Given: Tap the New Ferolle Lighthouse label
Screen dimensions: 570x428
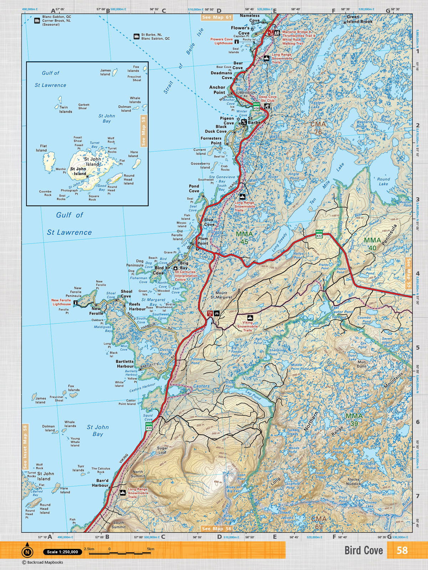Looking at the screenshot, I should (x=61, y=302).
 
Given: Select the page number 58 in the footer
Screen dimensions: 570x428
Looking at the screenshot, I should (x=402, y=550).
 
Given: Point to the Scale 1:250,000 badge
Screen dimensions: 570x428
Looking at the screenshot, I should (x=62, y=552).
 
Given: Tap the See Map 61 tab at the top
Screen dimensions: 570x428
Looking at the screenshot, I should (x=216, y=17).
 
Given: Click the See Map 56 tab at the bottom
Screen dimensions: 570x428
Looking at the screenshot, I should (x=216, y=529).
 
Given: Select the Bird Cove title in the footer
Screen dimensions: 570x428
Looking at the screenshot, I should (x=363, y=550).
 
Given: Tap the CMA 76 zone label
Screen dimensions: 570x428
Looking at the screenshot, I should (x=318, y=128).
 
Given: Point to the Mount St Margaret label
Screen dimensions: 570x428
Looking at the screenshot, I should (x=221, y=295).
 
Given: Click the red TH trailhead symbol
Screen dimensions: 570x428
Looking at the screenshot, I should (x=210, y=313).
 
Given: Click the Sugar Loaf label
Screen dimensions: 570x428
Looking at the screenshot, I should (x=162, y=450).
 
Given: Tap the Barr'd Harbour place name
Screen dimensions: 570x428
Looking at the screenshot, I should (x=100, y=483).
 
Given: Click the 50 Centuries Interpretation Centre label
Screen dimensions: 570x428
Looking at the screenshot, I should (x=185, y=276).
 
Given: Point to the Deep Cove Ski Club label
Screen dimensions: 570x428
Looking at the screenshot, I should (x=267, y=99).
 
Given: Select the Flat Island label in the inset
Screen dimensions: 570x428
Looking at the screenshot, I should (x=41, y=148).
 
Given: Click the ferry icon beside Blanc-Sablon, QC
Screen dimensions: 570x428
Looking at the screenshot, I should (x=37, y=21).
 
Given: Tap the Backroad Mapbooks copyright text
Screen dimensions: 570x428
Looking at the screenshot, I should (x=42, y=563).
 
